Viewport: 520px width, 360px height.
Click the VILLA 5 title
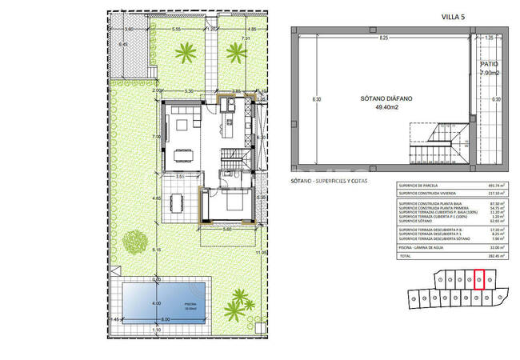pos(454,14)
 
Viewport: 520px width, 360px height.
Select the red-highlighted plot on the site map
pos(479,280)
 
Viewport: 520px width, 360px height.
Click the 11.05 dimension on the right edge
pos(261,253)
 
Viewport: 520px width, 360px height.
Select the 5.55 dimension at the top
pos(176,29)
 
